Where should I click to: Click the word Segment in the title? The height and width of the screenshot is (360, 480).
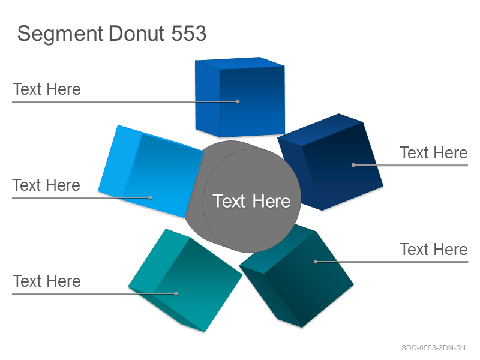pos(60,34)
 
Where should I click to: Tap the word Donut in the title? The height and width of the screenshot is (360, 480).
pos(136,33)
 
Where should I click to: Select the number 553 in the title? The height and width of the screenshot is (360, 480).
pos(188,33)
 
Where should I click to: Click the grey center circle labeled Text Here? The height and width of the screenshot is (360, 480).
pos(251,201)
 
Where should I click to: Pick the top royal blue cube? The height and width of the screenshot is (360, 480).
pos(240,97)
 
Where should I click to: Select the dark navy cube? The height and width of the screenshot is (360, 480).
pos(331,162)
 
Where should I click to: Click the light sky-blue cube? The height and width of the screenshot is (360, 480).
pos(151,172)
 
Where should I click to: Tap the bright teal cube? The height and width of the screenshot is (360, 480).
pos(185,280)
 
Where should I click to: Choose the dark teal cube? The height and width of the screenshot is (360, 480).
pos(296,276)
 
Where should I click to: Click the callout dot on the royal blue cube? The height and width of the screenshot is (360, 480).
pos(238,101)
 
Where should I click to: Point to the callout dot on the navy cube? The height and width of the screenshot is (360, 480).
pos(353,165)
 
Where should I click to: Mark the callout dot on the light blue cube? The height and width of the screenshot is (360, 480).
pos(151,197)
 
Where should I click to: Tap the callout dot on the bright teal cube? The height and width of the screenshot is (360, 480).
pos(176,293)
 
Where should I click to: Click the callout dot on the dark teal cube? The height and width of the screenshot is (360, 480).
pos(316,262)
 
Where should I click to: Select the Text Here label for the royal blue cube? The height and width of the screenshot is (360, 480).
pos(47,89)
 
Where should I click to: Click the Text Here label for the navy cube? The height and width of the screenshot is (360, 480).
pos(433,153)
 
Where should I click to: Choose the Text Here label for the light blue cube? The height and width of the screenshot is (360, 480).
pos(46,185)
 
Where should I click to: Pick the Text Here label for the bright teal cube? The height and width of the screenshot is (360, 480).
pos(47,281)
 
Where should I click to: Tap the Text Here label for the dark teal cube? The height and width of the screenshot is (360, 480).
pos(433,249)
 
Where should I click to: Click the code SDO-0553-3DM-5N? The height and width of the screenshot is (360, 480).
pos(433,348)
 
